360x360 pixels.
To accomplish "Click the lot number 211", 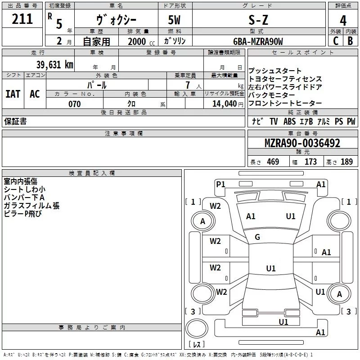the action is click(22, 19).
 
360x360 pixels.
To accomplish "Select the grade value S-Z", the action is click(258, 20).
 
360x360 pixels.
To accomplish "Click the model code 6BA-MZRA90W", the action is click(258, 41).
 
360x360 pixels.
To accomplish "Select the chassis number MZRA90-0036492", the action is click(302, 144).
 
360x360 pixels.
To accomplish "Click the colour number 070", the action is click(74, 104).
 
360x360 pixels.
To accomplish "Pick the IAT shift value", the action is click(13, 94).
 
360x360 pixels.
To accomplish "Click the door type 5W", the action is click(175, 20).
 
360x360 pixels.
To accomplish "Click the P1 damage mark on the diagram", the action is click(220, 184).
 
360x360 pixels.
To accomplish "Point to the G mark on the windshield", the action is click(257, 237).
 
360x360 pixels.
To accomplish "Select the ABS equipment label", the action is click(289, 121).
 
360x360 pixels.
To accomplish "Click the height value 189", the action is click(347, 162).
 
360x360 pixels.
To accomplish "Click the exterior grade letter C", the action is click(335, 41).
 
